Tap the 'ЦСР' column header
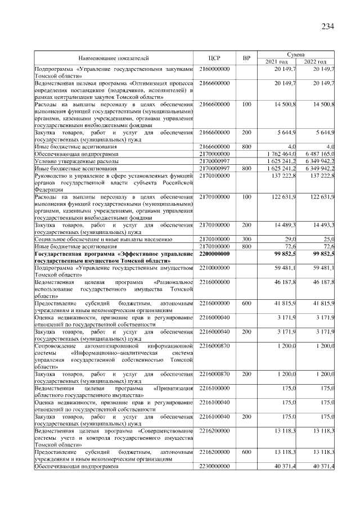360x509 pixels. click(x=217, y=58)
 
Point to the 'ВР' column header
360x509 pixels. click(x=246, y=58)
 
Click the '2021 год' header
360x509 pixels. click(x=277, y=61)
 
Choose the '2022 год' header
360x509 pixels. click(x=315, y=61)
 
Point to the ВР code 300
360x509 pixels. click(x=246, y=239)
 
